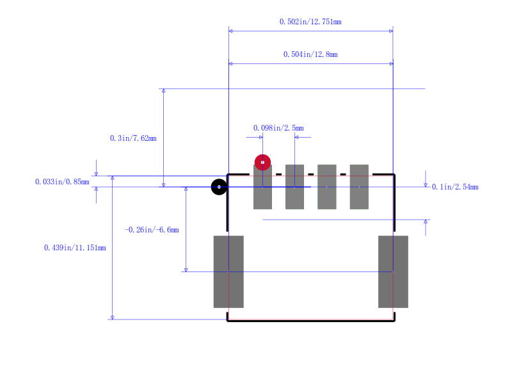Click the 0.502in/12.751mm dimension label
tap(310, 22)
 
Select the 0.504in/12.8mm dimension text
tap(310, 54)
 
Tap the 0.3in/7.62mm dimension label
tap(133, 138)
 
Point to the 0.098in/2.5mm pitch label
tap(278, 127)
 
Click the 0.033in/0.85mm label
tap(62, 182)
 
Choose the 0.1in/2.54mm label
tap(455, 187)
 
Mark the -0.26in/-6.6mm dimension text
tap(152, 230)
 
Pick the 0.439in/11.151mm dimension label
tap(75, 248)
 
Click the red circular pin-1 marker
tap(262, 163)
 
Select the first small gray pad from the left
tap(262, 187)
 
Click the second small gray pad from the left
tap(294, 187)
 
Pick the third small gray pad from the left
tap(327, 187)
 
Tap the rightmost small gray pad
tap(359, 187)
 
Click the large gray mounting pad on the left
tap(228, 271)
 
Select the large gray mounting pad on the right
tap(393, 271)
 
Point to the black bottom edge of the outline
tap(311, 321)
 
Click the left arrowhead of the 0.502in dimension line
tap(230, 31)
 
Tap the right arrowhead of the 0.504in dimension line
tap(391, 63)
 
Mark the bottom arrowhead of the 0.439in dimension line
tap(113, 318)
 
